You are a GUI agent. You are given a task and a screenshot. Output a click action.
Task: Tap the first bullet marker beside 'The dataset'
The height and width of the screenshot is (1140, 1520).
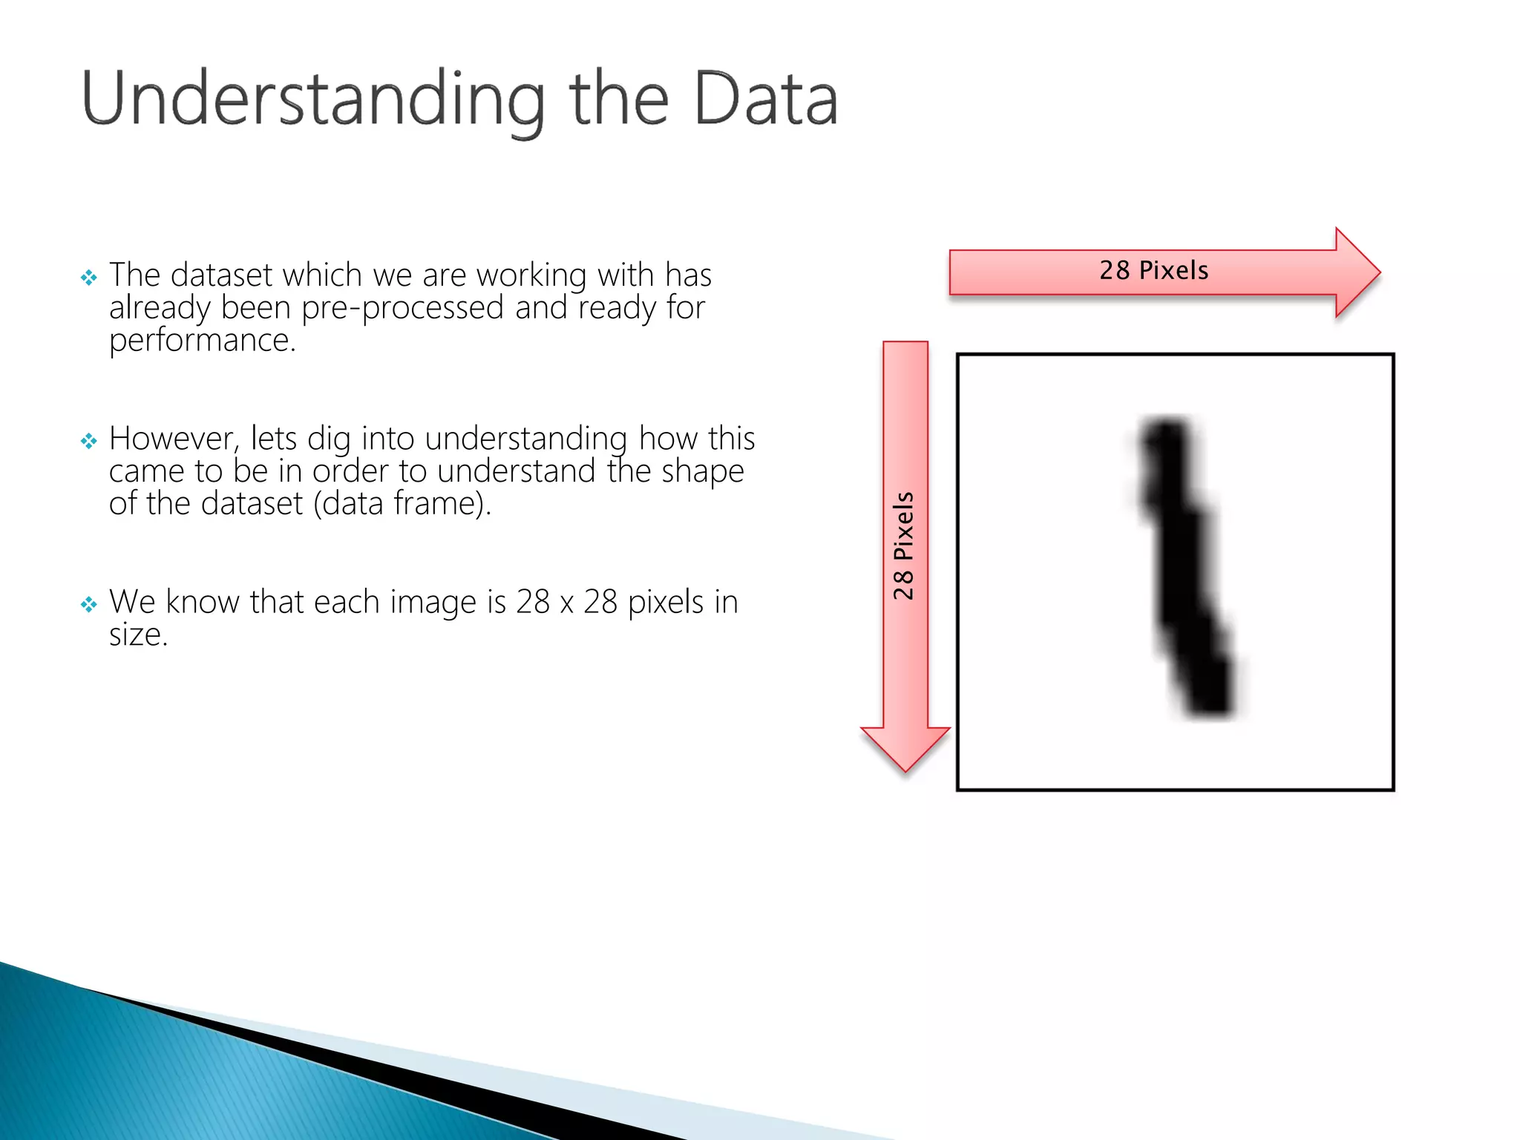(x=89, y=278)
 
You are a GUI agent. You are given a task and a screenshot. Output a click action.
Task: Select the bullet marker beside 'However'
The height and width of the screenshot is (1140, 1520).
(x=89, y=442)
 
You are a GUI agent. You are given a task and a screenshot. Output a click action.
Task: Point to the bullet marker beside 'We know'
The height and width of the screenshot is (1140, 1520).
(x=89, y=605)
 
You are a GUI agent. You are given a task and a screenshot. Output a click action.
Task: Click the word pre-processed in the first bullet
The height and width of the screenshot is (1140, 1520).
(x=403, y=308)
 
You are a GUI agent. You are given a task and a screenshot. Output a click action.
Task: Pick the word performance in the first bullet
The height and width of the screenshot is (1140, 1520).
(x=202, y=341)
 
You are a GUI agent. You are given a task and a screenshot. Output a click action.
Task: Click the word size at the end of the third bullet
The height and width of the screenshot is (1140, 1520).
(x=138, y=635)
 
